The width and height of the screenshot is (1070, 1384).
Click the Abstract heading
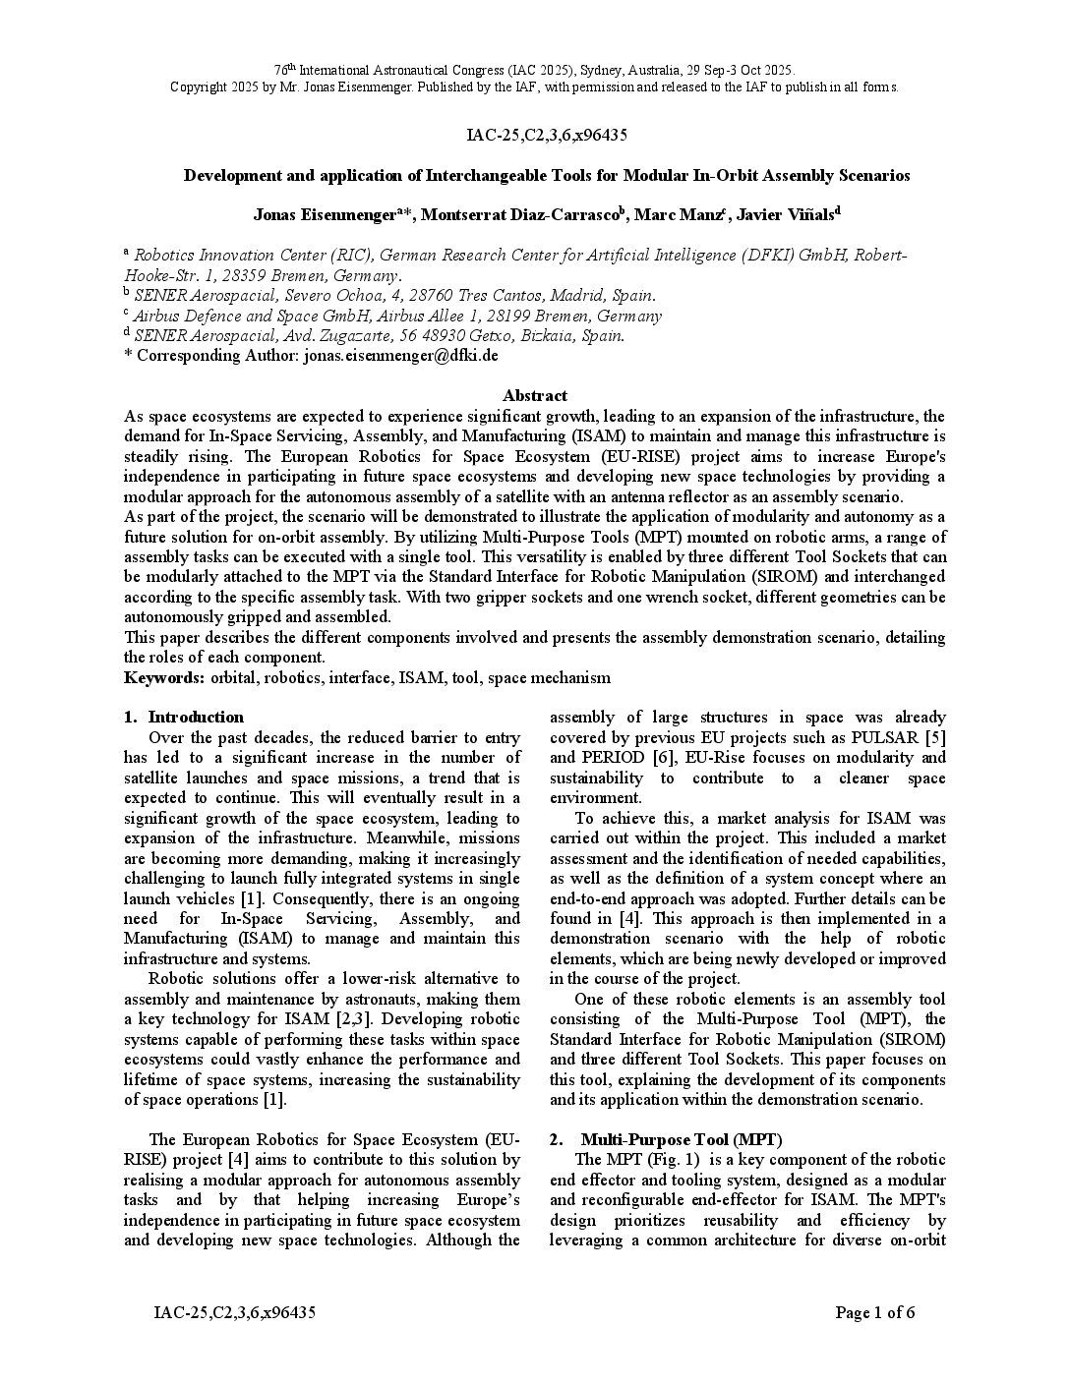pos(534,395)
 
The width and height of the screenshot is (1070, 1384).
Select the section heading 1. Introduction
pos(195,717)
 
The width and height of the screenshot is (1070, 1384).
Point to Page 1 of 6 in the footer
pos(874,1312)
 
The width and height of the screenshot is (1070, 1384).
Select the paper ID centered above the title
pos(534,135)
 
